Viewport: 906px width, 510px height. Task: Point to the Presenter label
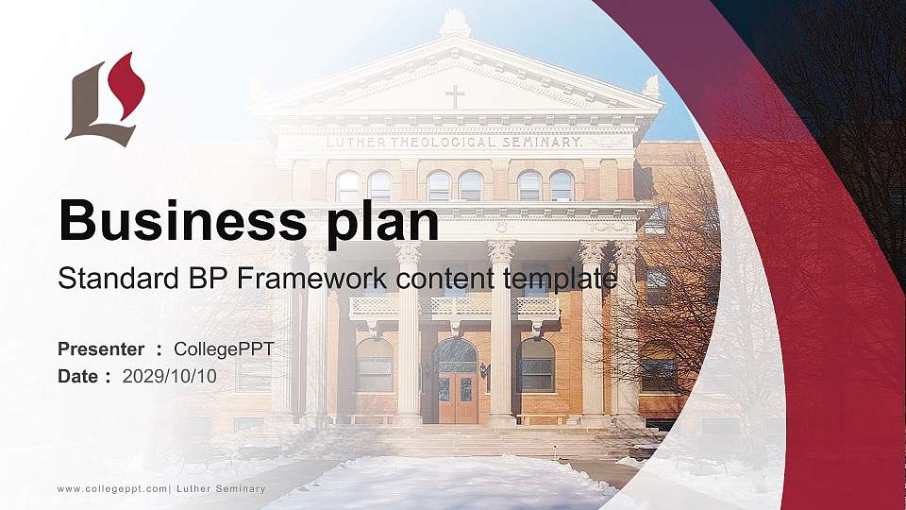(x=101, y=349)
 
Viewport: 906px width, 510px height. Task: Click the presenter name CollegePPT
(x=224, y=349)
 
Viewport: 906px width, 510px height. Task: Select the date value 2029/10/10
(x=170, y=376)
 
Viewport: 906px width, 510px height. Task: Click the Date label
(x=79, y=376)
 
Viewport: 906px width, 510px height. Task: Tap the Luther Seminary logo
(x=105, y=101)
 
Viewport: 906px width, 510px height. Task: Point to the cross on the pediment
(x=455, y=96)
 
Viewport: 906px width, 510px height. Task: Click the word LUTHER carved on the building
(x=355, y=143)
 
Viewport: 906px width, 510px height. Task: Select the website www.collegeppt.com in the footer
(x=111, y=488)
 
